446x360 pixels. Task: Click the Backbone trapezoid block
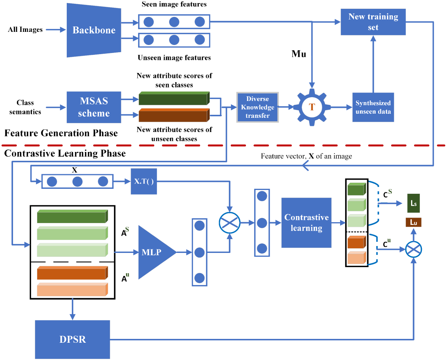(94, 30)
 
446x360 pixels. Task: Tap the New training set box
(373, 22)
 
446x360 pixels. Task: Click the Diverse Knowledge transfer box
(258, 107)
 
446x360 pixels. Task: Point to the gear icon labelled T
(312, 107)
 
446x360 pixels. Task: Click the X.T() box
(144, 181)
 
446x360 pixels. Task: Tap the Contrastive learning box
(306, 223)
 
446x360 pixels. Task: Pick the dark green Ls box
(413, 203)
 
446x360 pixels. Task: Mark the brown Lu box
(413, 222)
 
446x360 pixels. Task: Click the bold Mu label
(299, 54)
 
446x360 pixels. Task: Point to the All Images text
(25, 30)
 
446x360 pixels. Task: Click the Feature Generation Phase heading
(61, 133)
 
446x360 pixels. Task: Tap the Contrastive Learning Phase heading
(65, 154)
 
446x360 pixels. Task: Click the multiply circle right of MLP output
(229, 223)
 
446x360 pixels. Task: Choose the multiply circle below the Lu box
(413, 250)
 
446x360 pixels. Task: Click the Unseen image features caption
(174, 58)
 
